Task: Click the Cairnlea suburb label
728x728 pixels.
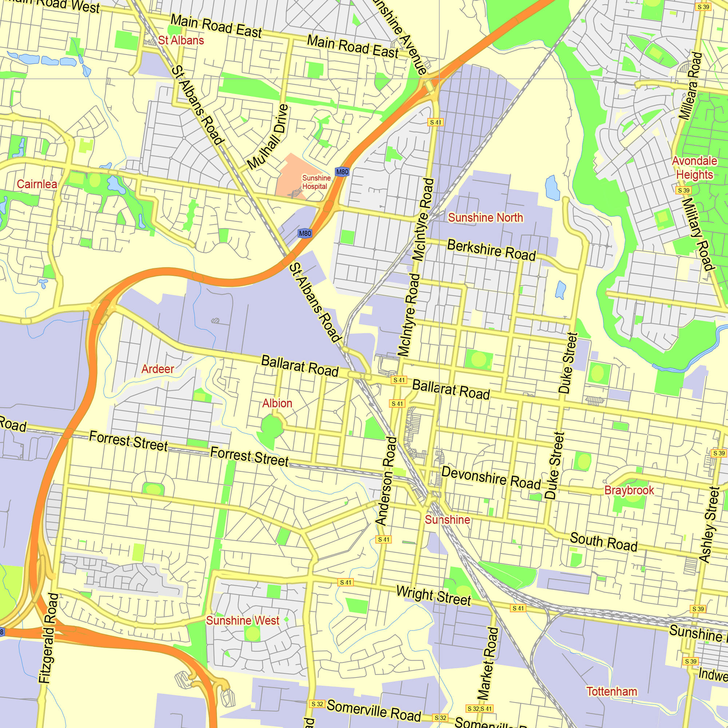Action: (37, 184)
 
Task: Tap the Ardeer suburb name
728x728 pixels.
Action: (158, 369)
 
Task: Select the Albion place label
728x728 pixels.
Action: (277, 403)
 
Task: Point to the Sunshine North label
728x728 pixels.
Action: (485, 217)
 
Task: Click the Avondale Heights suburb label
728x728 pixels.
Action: (695, 168)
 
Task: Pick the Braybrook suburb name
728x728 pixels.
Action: (629, 490)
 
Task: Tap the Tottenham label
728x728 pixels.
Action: (612, 692)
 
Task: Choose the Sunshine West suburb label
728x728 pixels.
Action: (243, 620)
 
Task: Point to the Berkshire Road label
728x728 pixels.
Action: (491, 250)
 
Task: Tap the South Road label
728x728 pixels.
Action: (603, 542)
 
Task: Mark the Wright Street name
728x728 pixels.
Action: (433, 596)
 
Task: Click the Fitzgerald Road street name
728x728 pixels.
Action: (49, 638)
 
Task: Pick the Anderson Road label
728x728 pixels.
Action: (386, 481)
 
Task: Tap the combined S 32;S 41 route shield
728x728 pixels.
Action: (480, 709)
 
